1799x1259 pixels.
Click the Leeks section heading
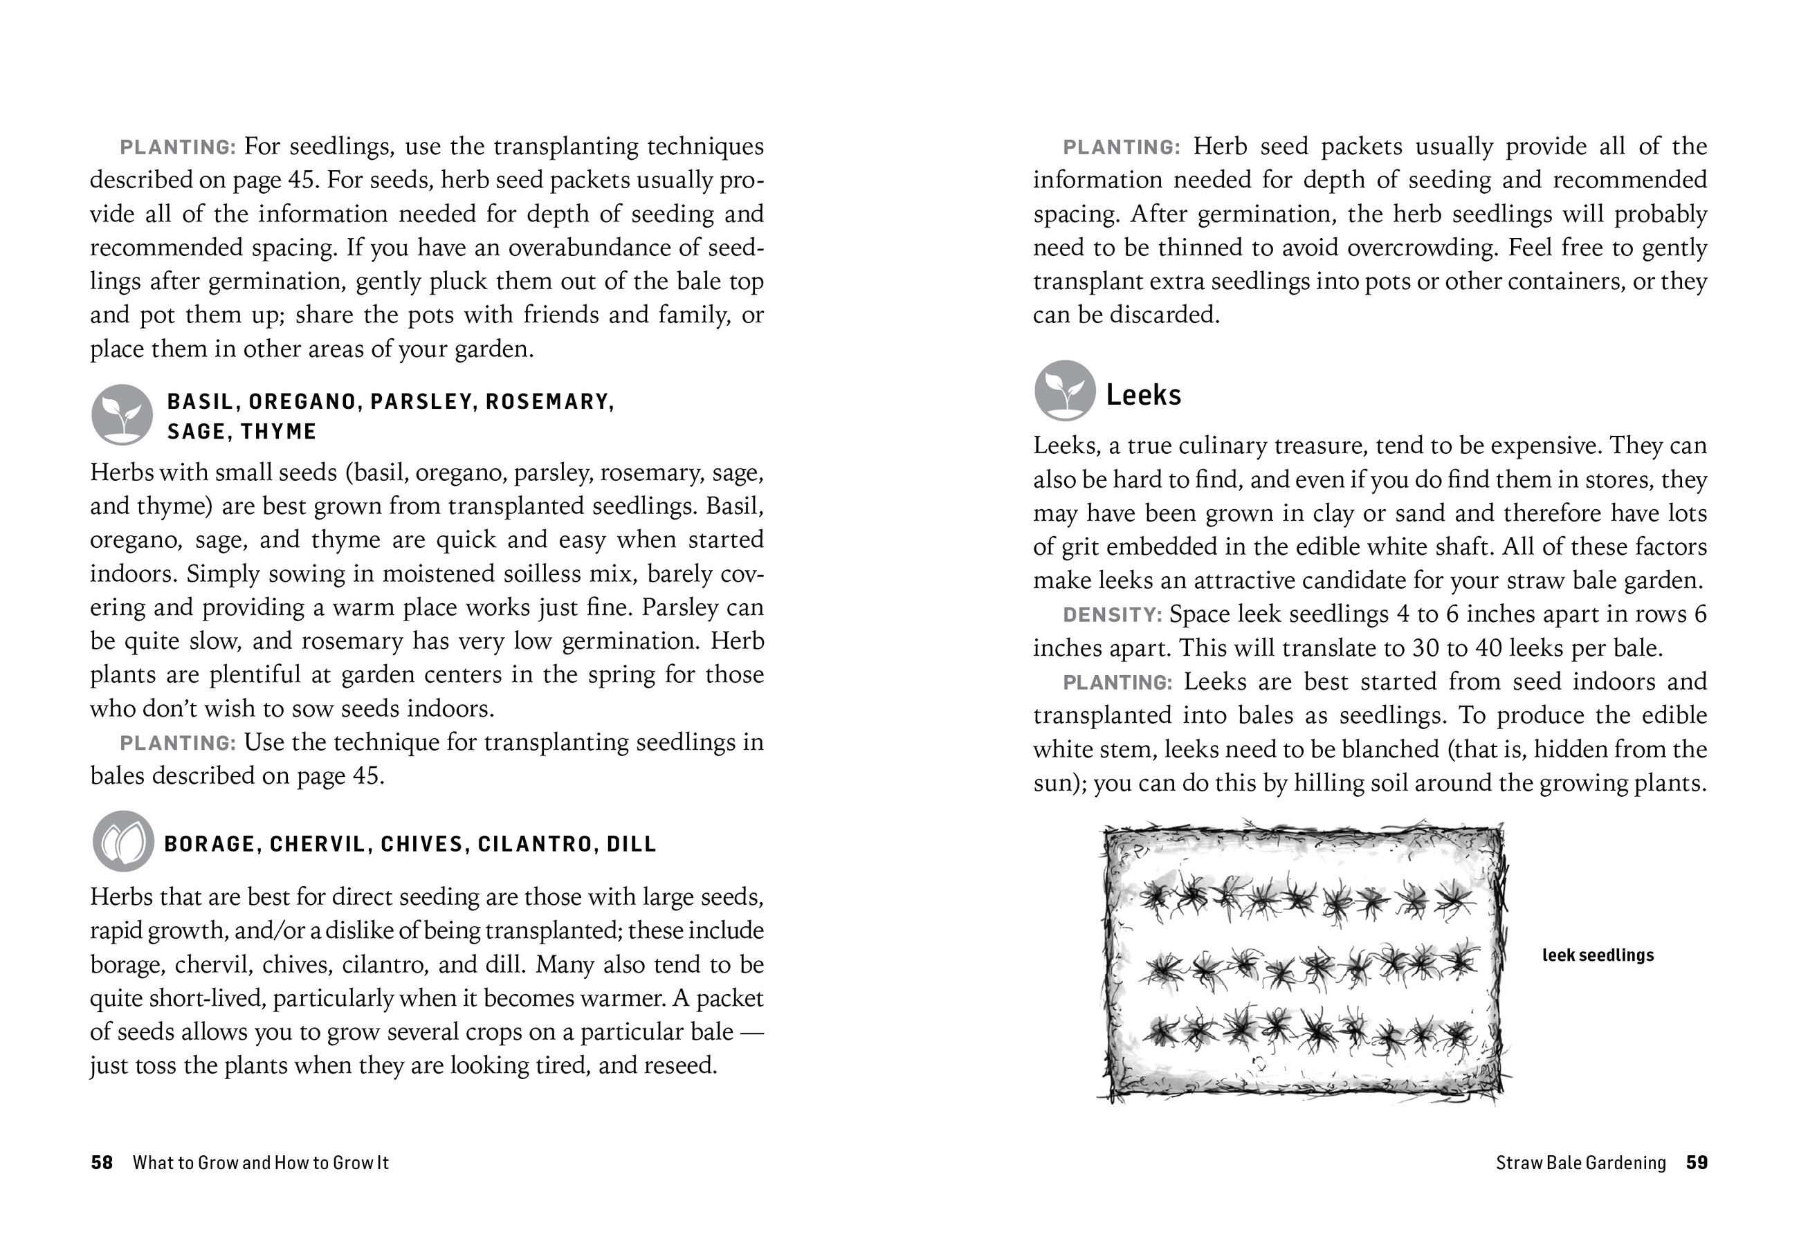1142,395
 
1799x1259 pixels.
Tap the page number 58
102,1163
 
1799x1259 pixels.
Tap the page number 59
1697,1163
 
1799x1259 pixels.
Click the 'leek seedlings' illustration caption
1598,955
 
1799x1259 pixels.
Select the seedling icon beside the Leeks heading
1064,391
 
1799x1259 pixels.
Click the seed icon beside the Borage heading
123,841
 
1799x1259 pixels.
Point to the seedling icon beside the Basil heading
122,414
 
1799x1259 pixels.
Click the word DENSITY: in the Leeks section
1112,615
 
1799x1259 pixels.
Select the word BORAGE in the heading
209,845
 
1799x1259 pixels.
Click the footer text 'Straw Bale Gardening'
1580,1163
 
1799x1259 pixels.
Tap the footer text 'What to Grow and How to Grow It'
260,1163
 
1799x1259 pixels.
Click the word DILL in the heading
632,845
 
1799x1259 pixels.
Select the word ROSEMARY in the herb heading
548,402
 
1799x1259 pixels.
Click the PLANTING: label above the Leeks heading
1120,147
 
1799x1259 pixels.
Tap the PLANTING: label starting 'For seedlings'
177,147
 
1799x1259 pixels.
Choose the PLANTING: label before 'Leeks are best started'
1117,682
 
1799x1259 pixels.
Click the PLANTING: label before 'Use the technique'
177,743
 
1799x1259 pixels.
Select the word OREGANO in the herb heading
302,402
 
